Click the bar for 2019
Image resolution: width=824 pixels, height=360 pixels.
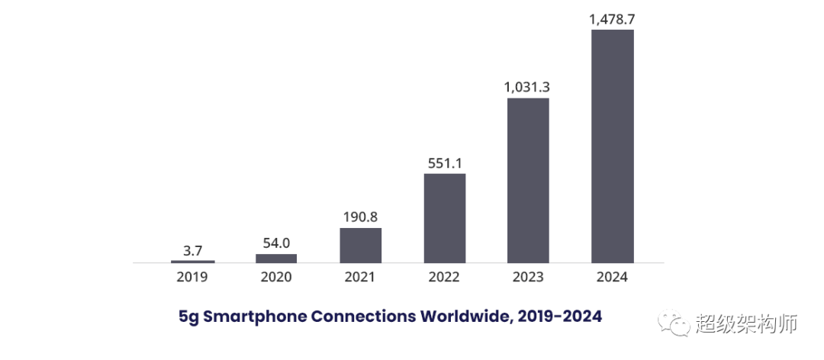point(192,262)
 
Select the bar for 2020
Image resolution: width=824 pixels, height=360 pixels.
point(276,258)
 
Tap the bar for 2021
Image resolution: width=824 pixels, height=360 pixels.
point(360,245)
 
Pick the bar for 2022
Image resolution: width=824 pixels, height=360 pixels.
point(444,218)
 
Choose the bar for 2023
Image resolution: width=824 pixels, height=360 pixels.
point(528,180)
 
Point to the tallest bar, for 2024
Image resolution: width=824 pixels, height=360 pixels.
point(613,146)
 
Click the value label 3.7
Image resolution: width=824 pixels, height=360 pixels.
point(192,249)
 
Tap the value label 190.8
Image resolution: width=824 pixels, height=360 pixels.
point(360,217)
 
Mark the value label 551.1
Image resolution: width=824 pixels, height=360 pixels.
point(444,162)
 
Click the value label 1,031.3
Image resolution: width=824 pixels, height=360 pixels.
point(527,87)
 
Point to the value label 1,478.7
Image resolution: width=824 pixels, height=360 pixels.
point(612,19)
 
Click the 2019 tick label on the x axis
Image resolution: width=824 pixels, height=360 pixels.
point(192,277)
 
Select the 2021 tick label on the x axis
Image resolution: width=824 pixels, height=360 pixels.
point(360,277)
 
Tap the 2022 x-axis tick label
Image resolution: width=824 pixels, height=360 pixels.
point(444,277)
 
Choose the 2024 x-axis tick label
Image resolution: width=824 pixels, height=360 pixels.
point(612,277)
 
